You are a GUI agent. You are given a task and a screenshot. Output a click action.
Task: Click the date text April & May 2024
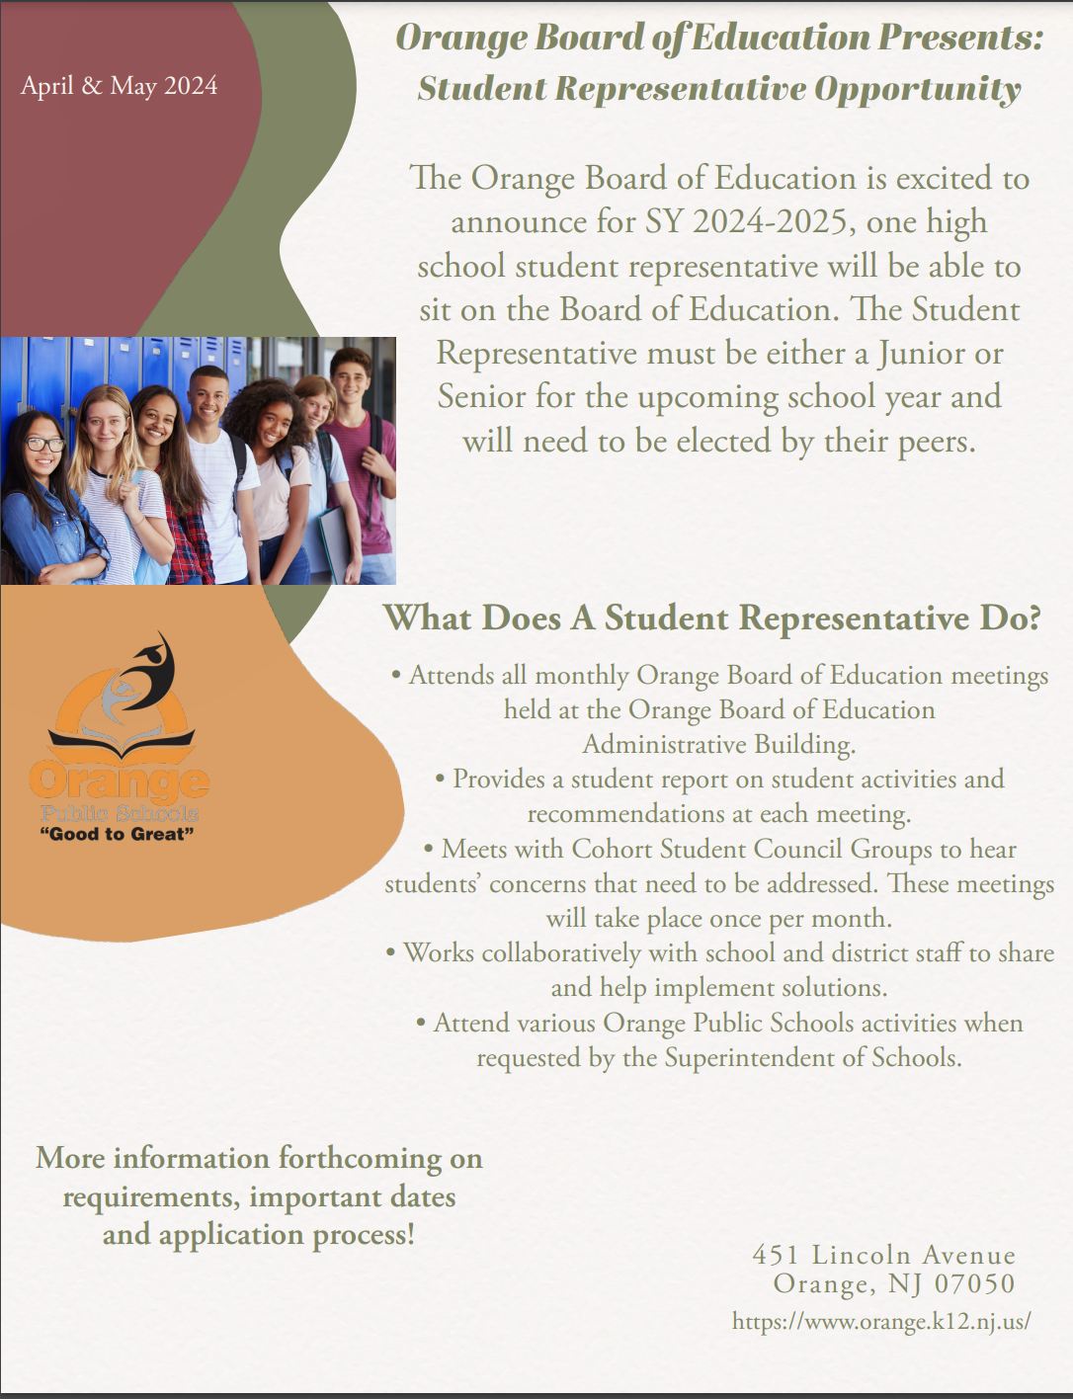pyautogui.click(x=119, y=86)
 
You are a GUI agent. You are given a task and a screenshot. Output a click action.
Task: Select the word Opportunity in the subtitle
pyautogui.click(x=917, y=89)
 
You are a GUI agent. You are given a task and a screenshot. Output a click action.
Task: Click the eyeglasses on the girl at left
pyautogui.click(x=43, y=445)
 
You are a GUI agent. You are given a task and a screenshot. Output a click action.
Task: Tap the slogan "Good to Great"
pyautogui.click(x=117, y=834)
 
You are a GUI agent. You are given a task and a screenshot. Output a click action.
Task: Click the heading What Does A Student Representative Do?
pyautogui.click(x=711, y=618)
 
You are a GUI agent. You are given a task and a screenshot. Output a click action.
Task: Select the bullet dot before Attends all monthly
pyautogui.click(x=396, y=676)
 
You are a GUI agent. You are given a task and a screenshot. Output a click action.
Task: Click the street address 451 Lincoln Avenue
pyautogui.click(x=883, y=1255)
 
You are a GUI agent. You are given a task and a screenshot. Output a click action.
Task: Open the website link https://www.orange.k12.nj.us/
pyautogui.click(x=881, y=1321)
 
